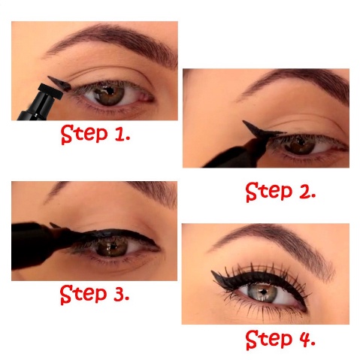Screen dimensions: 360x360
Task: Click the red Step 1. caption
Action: click(x=95, y=135)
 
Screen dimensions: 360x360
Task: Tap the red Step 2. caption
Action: click(x=280, y=192)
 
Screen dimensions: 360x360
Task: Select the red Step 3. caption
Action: click(x=95, y=294)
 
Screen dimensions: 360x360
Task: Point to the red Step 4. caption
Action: click(x=280, y=339)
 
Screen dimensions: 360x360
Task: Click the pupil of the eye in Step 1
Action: click(x=110, y=90)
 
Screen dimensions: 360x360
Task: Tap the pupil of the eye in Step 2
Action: click(x=301, y=143)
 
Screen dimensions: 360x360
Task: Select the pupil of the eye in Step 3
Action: click(x=110, y=247)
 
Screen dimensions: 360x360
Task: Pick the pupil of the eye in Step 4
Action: click(x=264, y=292)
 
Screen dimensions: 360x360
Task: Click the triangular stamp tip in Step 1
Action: click(x=59, y=83)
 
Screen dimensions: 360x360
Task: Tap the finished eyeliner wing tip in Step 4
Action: click(x=213, y=272)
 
